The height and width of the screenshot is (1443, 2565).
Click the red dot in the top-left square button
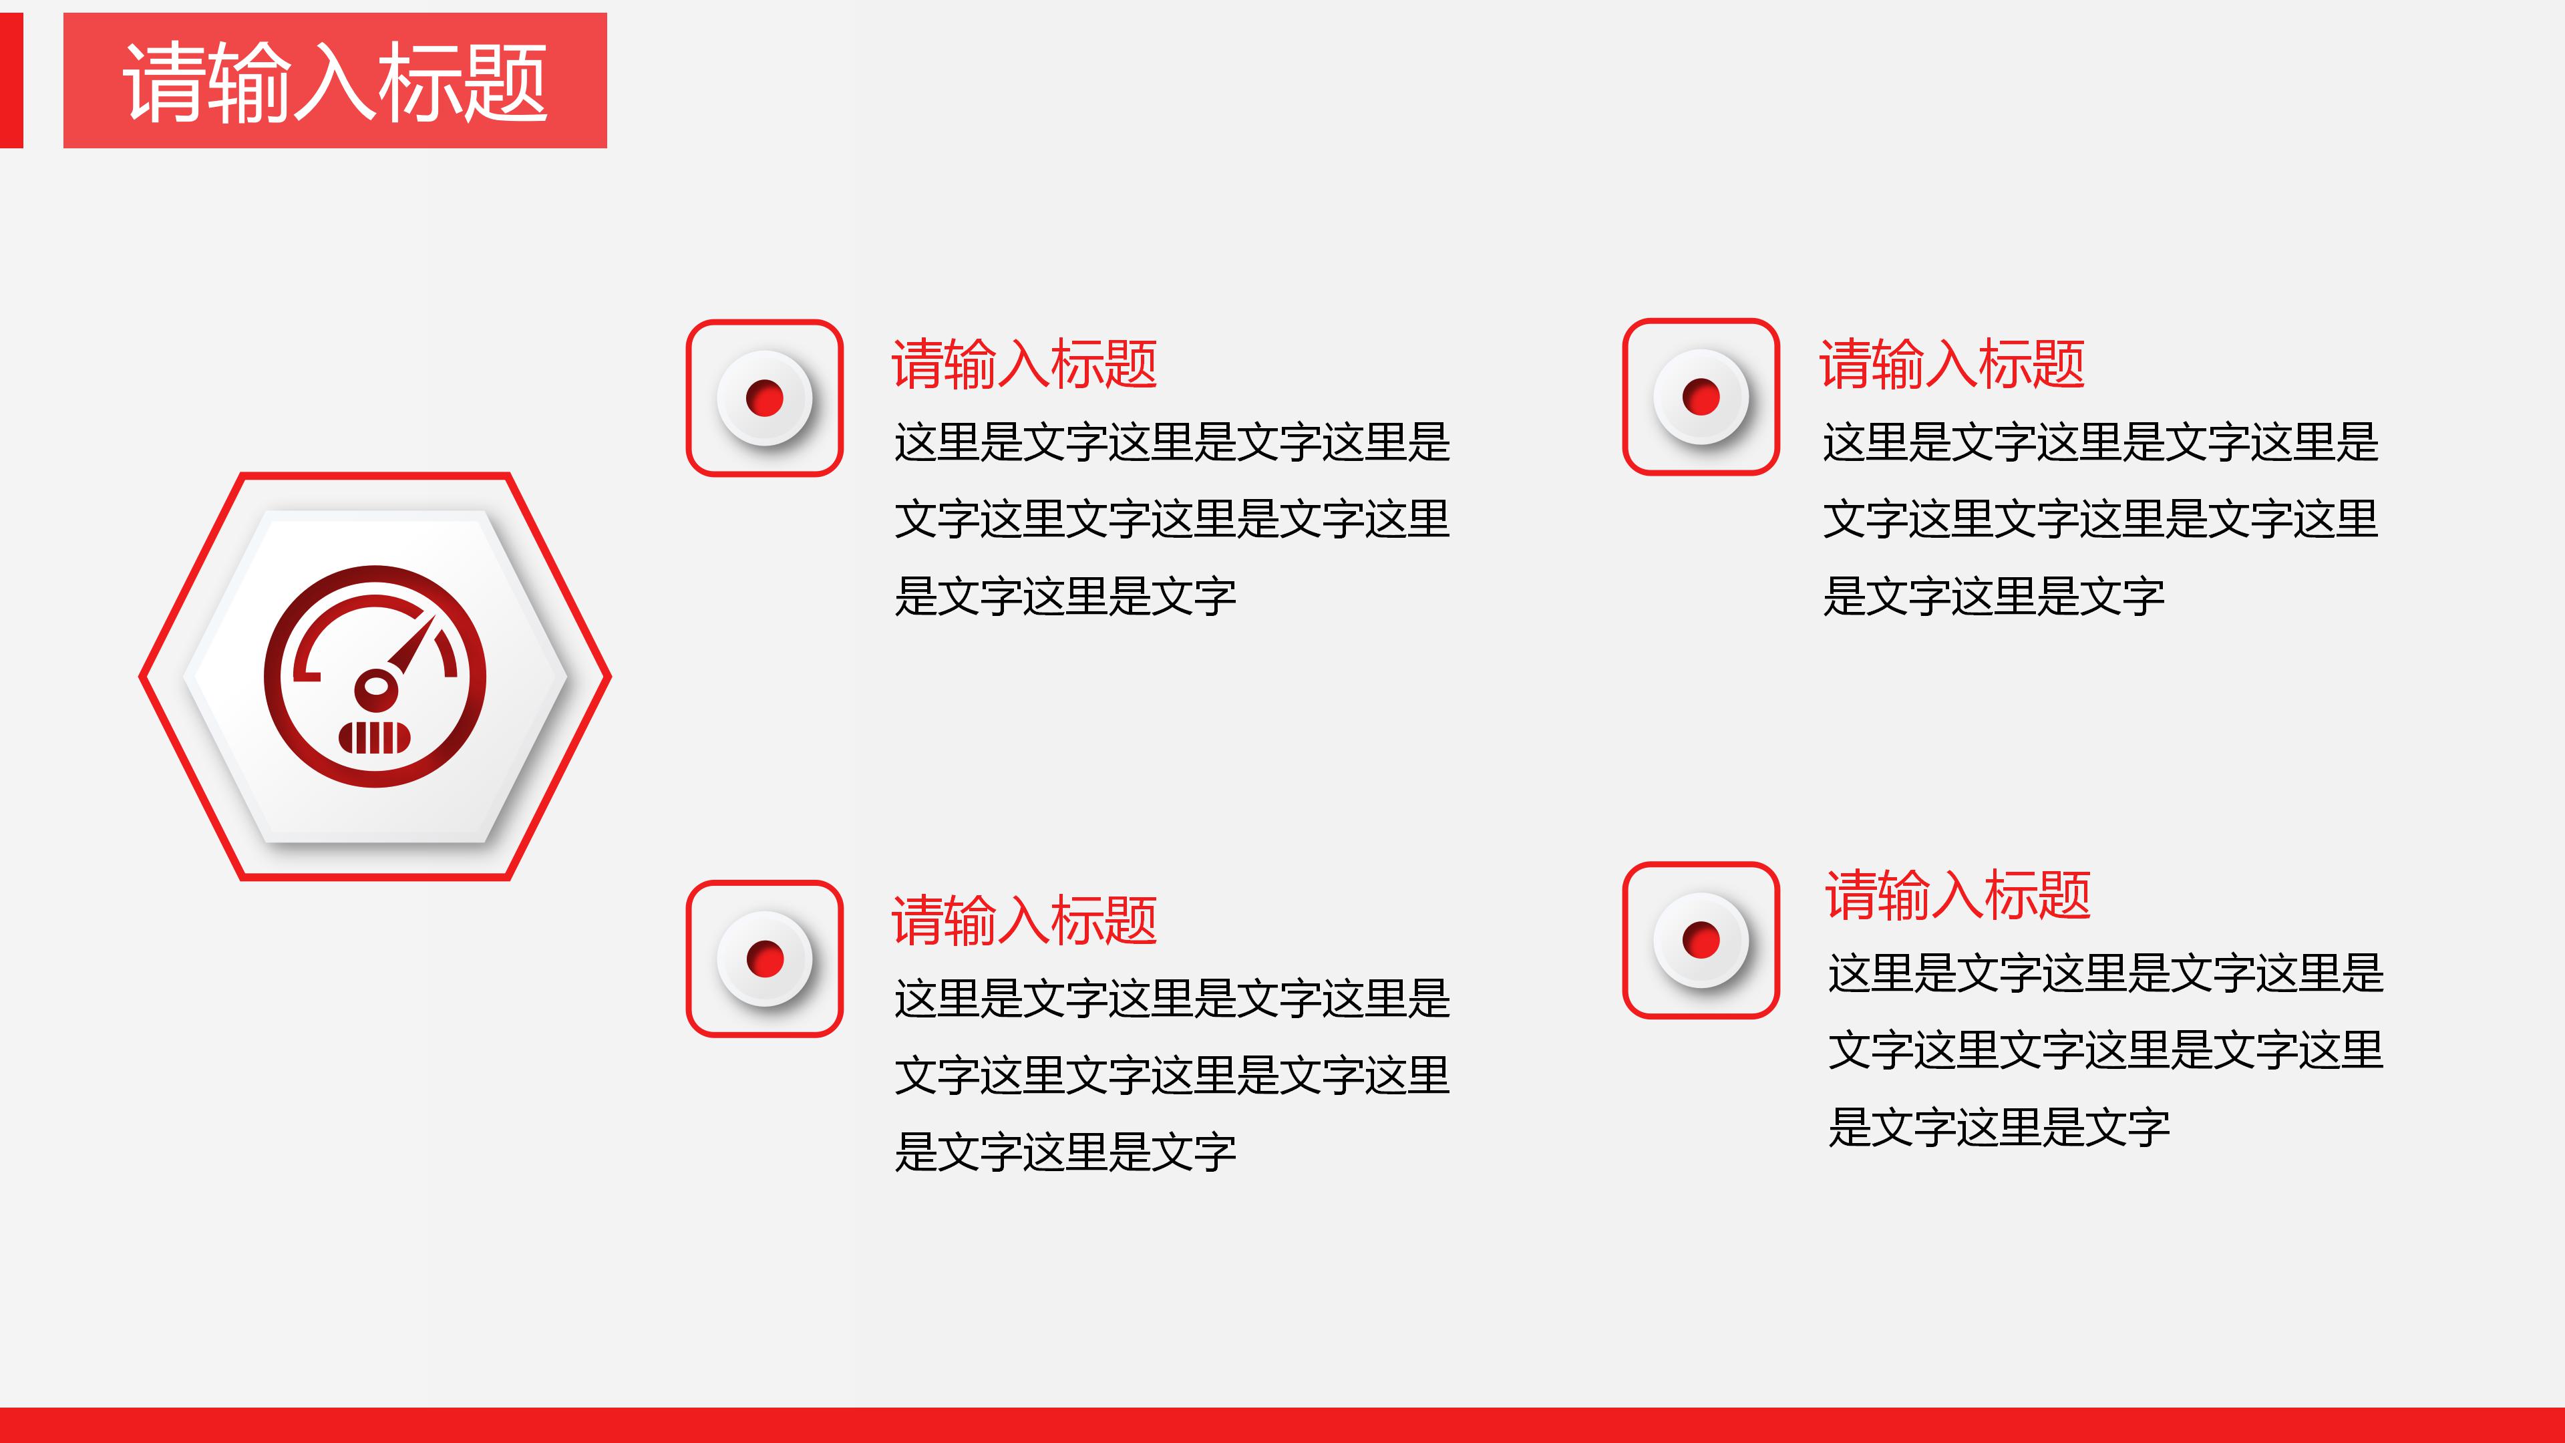point(765,398)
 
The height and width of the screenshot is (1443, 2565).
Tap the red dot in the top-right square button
point(1701,396)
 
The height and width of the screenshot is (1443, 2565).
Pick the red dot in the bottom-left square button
point(765,959)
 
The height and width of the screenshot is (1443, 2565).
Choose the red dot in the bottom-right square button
point(1701,940)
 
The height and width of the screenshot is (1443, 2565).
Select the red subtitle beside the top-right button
point(1952,363)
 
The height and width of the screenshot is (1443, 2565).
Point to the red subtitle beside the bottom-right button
point(1958,895)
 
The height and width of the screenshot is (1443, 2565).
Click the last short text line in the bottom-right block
point(1999,1127)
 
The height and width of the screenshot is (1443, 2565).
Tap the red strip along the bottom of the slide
point(1282,1425)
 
